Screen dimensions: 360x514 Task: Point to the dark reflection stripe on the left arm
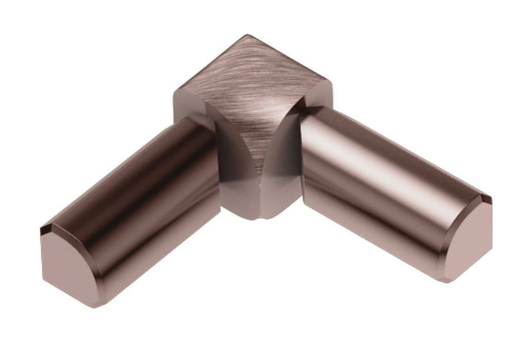click(128, 193)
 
